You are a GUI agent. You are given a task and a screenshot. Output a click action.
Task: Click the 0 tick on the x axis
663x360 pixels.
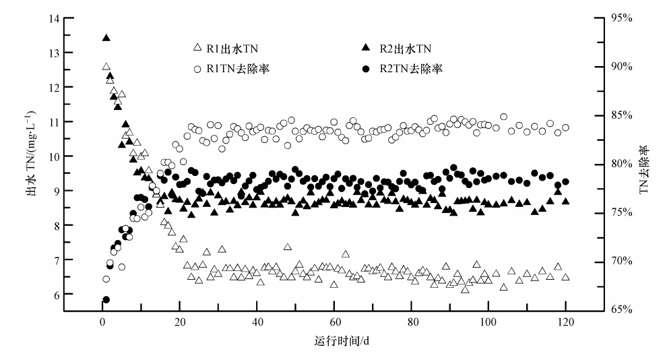click(x=102, y=322)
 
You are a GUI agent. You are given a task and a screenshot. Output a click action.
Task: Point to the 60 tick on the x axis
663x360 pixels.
click(x=334, y=322)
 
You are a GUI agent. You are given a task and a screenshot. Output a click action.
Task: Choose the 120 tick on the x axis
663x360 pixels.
click(x=566, y=322)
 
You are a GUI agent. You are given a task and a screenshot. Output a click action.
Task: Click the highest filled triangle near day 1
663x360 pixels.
click(x=106, y=38)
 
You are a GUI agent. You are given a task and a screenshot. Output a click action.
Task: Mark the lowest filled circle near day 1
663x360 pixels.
click(x=106, y=299)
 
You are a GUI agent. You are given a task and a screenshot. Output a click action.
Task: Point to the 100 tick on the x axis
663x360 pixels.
click(x=488, y=322)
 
